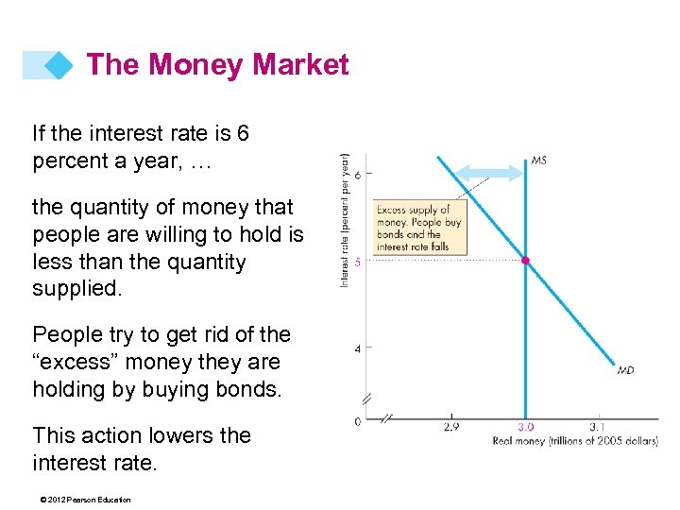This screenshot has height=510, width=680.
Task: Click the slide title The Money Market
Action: [x=217, y=64]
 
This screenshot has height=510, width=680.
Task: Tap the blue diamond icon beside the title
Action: [x=59, y=65]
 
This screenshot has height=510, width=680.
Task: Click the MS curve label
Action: [x=537, y=160]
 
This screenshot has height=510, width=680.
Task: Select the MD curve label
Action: [x=625, y=370]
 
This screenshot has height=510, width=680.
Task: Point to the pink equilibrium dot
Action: [x=526, y=260]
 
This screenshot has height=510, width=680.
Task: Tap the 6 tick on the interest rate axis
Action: [x=357, y=174]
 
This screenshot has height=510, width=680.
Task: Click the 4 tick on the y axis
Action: [x=357, y=349]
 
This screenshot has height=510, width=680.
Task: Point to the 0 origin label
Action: [x=357, y=421]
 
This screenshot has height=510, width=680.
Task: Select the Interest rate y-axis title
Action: [x=345, y=220]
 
